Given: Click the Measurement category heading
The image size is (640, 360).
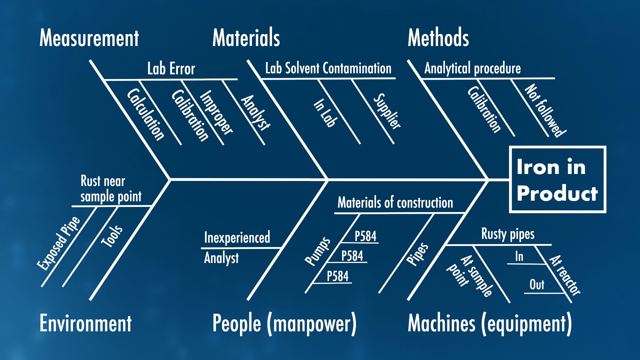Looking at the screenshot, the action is (x=89, y=38).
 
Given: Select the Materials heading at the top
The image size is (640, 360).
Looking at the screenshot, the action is (x=246, y=37).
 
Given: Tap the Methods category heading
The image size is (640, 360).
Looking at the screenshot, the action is (x=438, y=37).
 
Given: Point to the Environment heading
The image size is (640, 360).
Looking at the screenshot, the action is (x=85, y=323).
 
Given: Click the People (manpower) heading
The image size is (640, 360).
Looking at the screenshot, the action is (x=284, y=324).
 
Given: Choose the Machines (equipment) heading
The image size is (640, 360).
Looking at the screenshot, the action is (x=490, y=324).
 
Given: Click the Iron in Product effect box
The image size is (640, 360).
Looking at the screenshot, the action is (x=557, y=179).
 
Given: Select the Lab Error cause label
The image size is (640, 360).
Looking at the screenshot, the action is (x=171, y=69).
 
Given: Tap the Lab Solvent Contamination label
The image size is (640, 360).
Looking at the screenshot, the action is (x=328, y=68).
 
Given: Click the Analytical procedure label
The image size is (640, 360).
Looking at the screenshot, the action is (x=472, y=69).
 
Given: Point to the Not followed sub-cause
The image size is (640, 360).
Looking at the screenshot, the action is (x=545, y=111).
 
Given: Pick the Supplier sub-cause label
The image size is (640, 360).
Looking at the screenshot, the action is (x=387, y=111).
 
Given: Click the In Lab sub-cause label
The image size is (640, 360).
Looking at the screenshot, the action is (x=325, y=113).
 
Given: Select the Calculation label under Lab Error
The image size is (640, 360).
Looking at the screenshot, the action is (x=146, y=114).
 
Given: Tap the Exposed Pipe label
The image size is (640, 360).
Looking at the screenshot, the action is (x=59, y=243).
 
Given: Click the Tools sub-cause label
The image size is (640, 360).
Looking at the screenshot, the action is (x=112, y=236).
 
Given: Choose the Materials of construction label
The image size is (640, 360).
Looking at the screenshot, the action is (x=395, y=203).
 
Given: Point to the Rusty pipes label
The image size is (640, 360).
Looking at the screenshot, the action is (x=508, y=234).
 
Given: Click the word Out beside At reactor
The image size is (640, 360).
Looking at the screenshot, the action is (x=537, y=285).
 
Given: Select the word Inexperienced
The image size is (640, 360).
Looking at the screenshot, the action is (x=237, y=238).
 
